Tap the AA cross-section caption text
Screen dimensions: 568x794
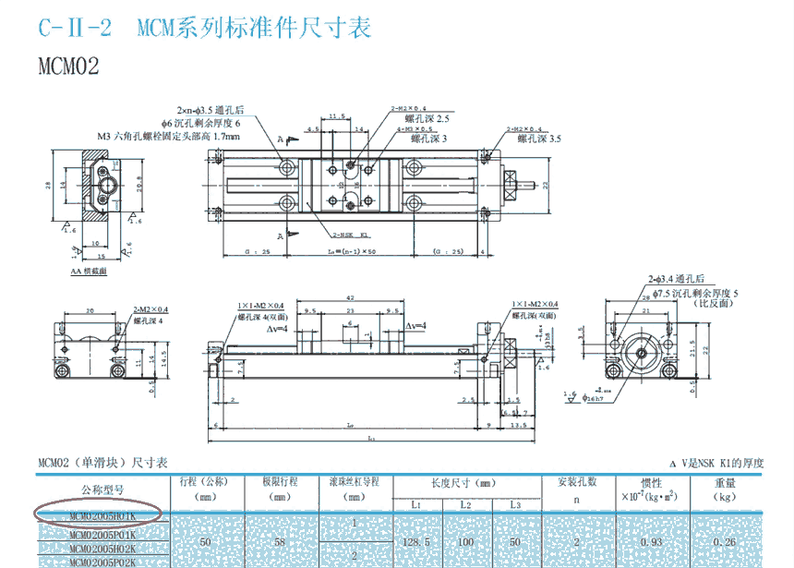point(89,272)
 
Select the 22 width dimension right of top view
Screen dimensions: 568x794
point(546,185)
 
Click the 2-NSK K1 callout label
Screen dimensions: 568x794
point(348,236)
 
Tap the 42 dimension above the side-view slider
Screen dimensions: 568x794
point(349,299)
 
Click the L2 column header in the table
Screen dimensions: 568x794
point(466,504)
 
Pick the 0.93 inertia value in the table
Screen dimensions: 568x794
point(652,542)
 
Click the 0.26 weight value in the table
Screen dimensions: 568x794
point(725,542)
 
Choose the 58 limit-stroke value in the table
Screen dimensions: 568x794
point(278,542)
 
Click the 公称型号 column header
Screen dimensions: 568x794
point(103,489)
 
